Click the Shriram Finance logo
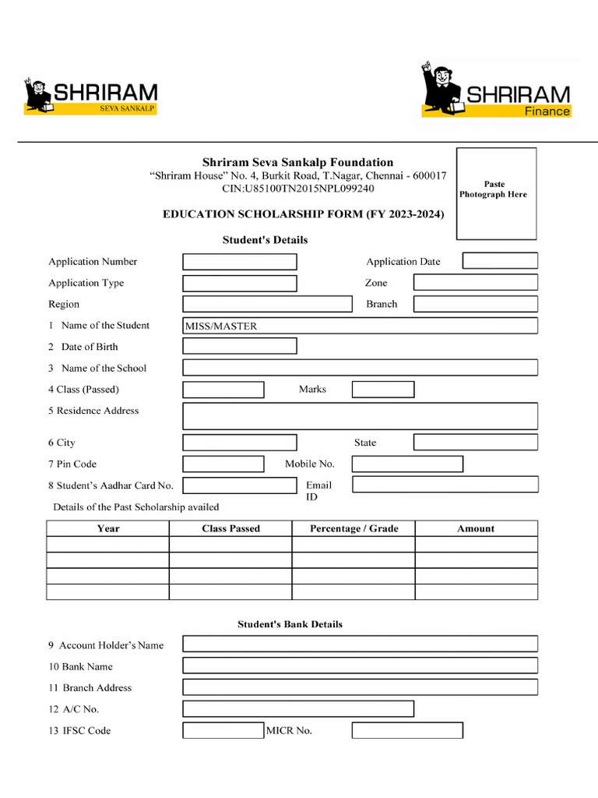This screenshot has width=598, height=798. pyautogui.click(x=497, y=91)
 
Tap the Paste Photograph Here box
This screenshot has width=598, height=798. pyautogui.click(x=496, y=193)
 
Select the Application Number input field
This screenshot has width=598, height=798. pyautogui.click(x=240, y=262)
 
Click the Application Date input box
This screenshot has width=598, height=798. pyautogui.click(x=500, y=261)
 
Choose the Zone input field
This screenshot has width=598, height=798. pyautogui.click(x=475, y=283)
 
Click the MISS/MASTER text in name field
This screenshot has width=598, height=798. pyautogui.click(x=220, y=327)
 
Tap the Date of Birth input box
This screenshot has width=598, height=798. pyautogui.click(x=240, y=346)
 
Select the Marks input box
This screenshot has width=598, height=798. pyautogui.click(x=382, y=390)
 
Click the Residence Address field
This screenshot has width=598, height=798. pyautogui.click(x=360, y=416)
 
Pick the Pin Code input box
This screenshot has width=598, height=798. pyautogui.click(x=223, y=464)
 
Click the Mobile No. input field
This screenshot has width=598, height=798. pyautogui.click(x=407, y=464)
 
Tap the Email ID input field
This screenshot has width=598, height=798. pyautogui.click(x=445, y=485)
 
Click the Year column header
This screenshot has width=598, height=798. pyautogui.click(x=108, y=528)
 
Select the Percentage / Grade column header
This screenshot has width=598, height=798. pyautogui.click(x=354, y=528)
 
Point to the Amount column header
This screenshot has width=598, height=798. pyautogui.click(x=476, y=528)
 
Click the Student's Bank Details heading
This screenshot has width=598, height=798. pyautogui.click(x=290, y=624)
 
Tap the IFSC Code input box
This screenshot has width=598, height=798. pyautogui.click(x=223, y=731)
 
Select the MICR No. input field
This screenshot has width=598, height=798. pyautogui.click(x=407, y=731)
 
